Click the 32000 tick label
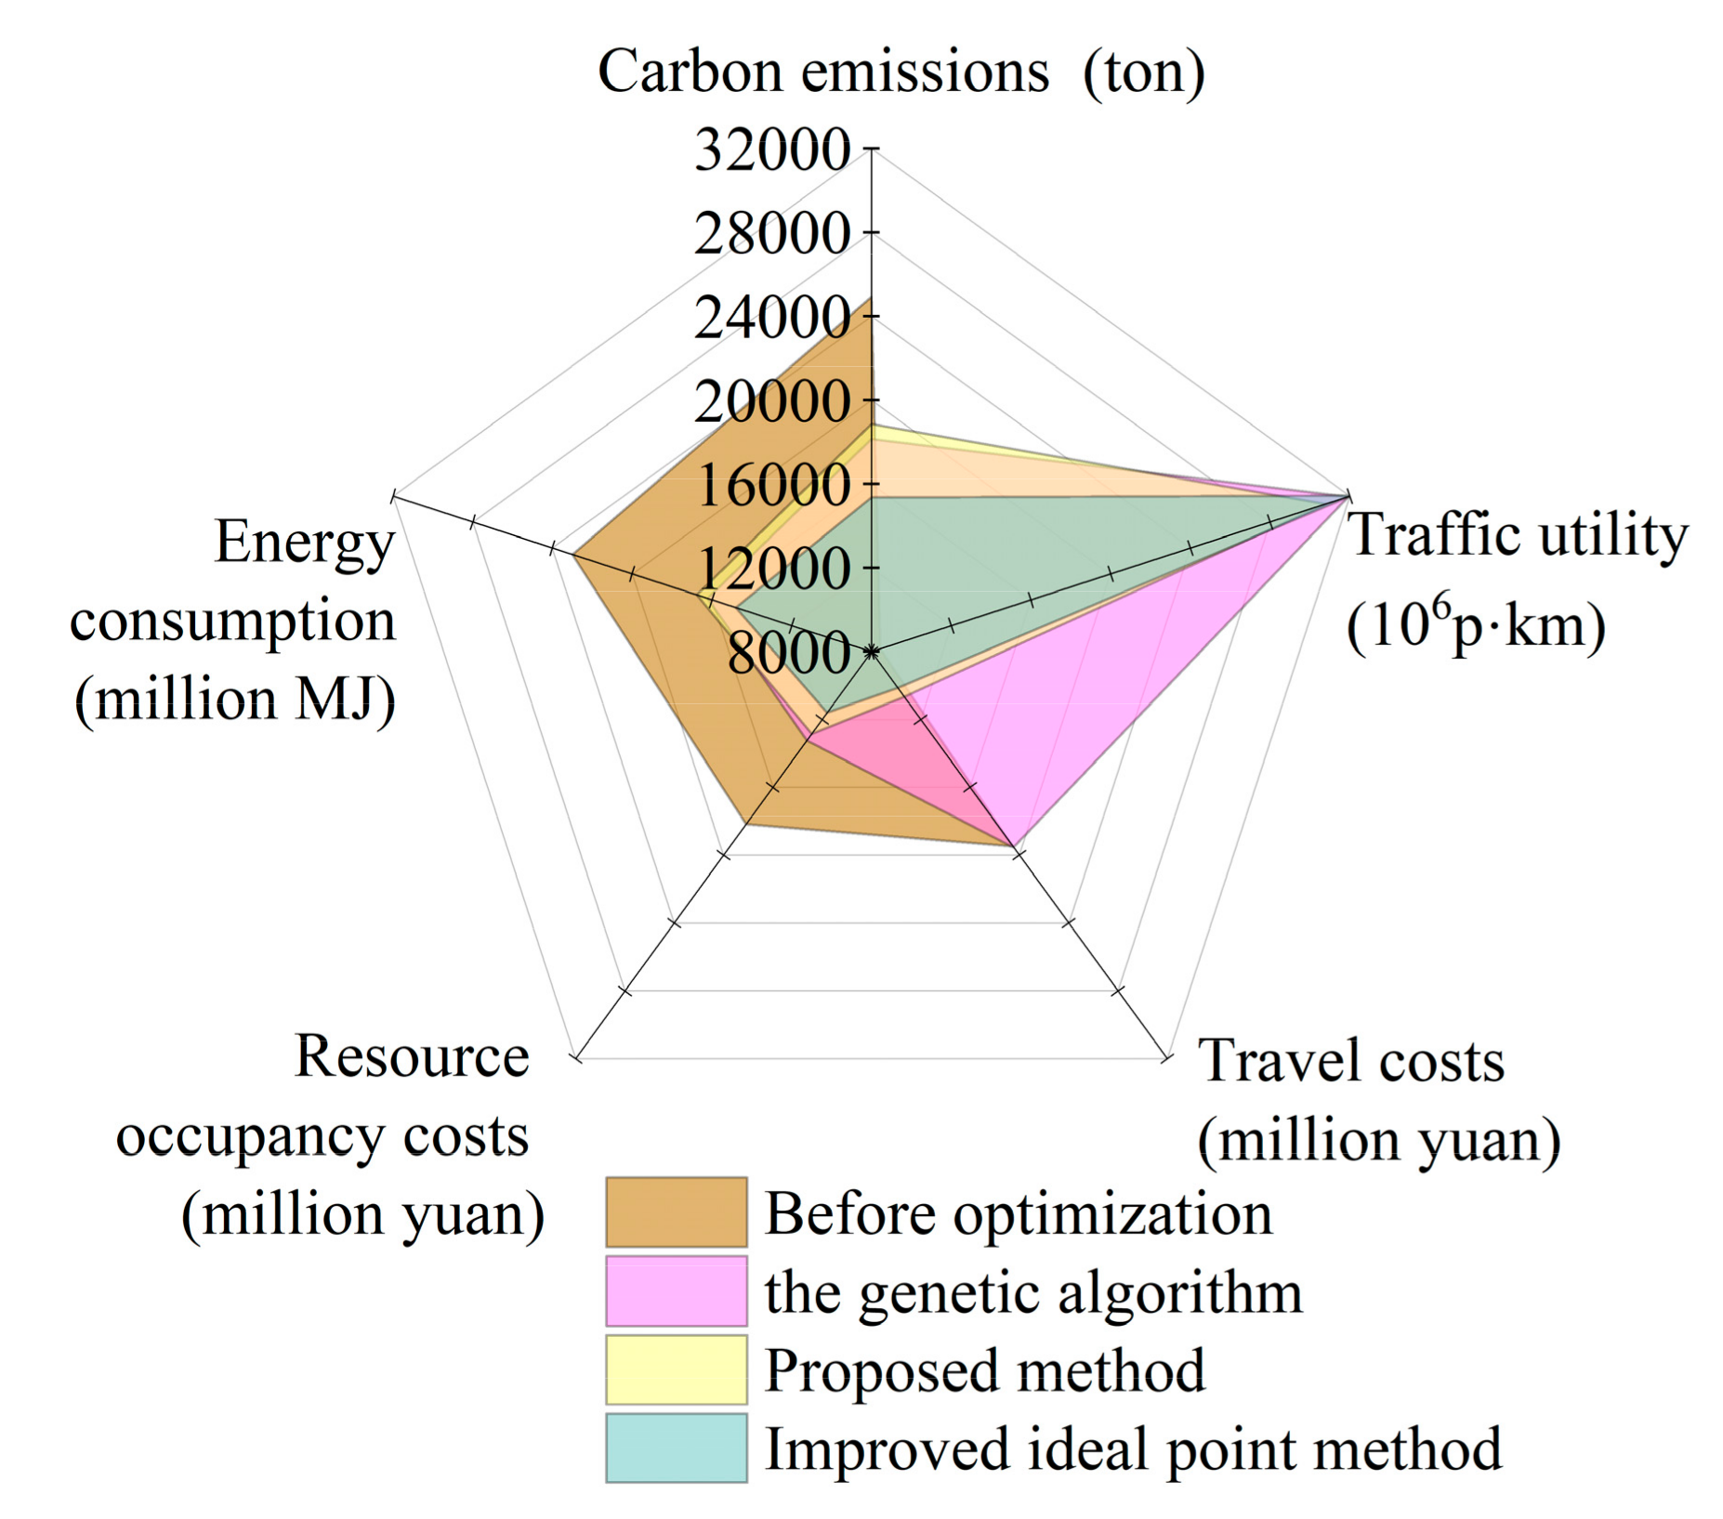click(x=771, y=150)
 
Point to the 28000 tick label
click(x=771, y=233)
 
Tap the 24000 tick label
click(x=771, y=318)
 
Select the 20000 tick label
click(x=771, y=402)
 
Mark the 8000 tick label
click(x=788, y=653)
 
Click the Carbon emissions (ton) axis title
click(x=901, y=72)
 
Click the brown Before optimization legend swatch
click(x=676, y=1212)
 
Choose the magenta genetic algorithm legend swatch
click(x=676, y=1291)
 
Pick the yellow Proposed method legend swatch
click(x=676, y=1369)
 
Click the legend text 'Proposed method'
click(x=984, y=1371)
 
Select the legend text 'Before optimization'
click(x=1018, y=1213)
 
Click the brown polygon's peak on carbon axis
click(x=871, y=299)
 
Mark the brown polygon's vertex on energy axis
click(x=572, y=556)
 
